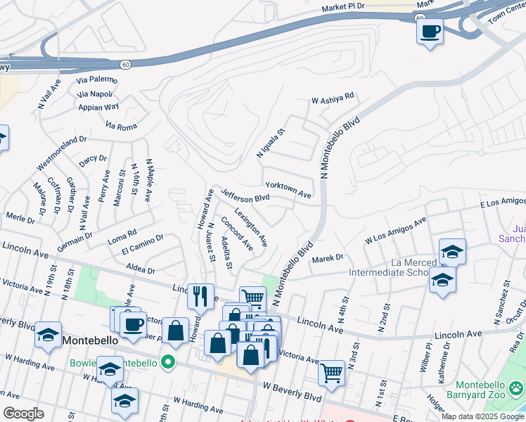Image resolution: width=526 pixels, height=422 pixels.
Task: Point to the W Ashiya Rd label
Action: click(x=333, y=98)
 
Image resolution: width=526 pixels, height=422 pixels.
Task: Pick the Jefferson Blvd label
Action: click(x=245, y=195)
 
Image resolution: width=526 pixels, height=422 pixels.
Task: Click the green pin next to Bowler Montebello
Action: click(x=167, y=363)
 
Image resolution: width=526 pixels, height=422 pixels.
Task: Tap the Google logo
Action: click(x=23, y=413)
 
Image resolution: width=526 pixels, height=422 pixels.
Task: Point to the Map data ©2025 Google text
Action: click(x=482, y=416)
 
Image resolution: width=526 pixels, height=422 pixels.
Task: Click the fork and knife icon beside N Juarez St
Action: click(x=200, y=295)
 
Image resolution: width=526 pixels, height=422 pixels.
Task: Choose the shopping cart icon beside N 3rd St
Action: click(x=331, y=372)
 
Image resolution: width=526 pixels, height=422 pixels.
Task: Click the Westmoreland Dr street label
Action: click(x=61, y=153)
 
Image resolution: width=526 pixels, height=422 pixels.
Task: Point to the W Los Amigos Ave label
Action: click(x=395, y=231)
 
